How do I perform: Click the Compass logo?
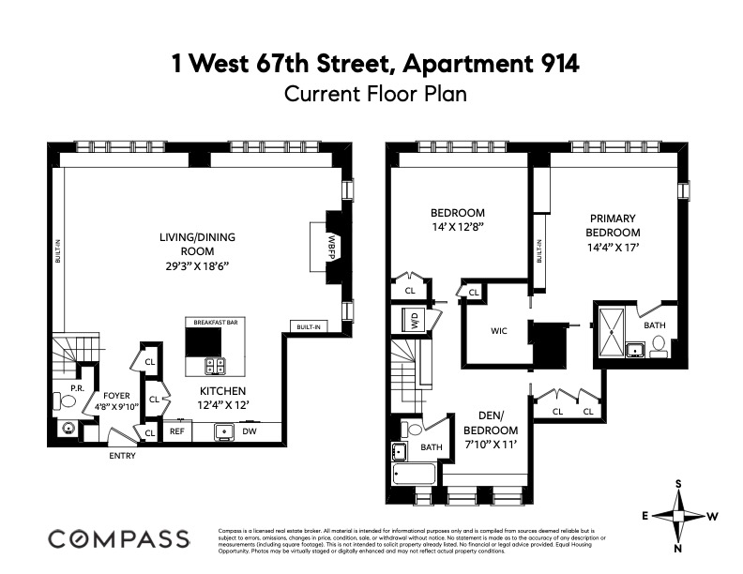pos(118,538)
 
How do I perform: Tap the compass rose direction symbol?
pos(677,515)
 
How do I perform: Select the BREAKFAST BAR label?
pos(208,322)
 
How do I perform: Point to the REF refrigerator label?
pos(176,432)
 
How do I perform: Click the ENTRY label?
pos(122,457)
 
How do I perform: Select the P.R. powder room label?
pos(65,387)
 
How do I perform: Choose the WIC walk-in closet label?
pos(499,331)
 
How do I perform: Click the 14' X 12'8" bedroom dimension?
pos(457,226)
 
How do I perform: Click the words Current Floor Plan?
pos(374,94)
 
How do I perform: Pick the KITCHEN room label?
pos(221,390)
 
